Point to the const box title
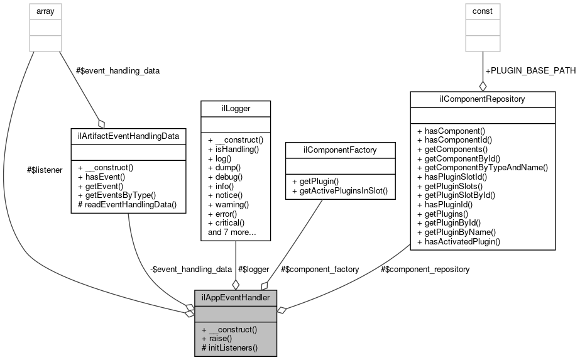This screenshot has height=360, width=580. pos(483,11)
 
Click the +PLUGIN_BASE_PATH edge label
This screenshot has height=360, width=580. pos(530,70)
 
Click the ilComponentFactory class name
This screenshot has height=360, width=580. pos(340,149)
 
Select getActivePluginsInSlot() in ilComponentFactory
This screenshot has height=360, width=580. pos(342,190)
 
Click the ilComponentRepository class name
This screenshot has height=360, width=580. pos(482,99)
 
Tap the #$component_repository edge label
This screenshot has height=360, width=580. pos(425,269)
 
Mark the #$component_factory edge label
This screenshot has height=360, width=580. pos(320,269)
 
